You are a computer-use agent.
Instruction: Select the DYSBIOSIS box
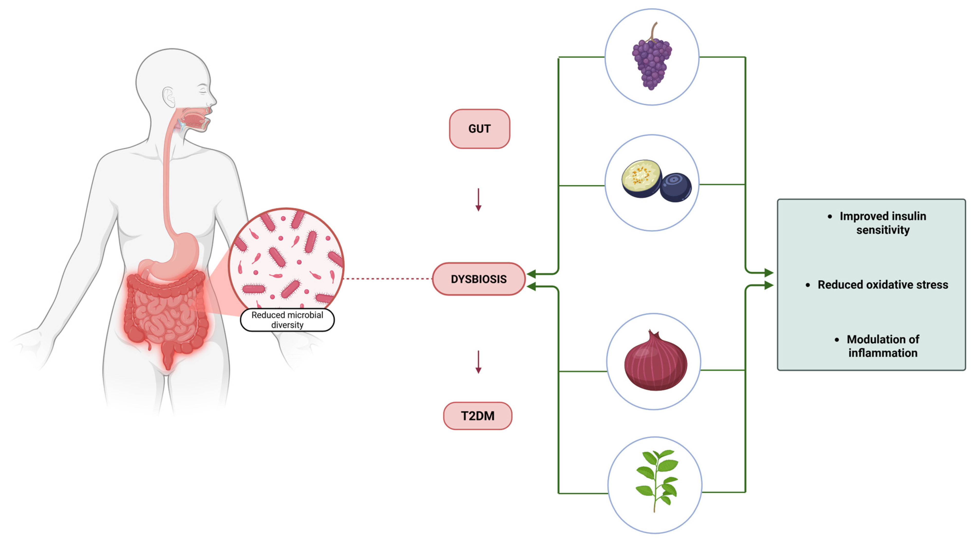point(479,279)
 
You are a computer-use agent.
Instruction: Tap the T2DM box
point(477,416)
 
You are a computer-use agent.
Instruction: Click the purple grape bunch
point(652,64)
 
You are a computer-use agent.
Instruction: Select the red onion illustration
point(655,363)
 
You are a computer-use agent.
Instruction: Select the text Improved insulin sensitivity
point(882,223)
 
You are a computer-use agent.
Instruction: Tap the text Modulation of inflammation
point(882,346)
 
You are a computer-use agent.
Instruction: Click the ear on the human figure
point(169,96)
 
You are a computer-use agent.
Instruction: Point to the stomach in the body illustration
point(181,253)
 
